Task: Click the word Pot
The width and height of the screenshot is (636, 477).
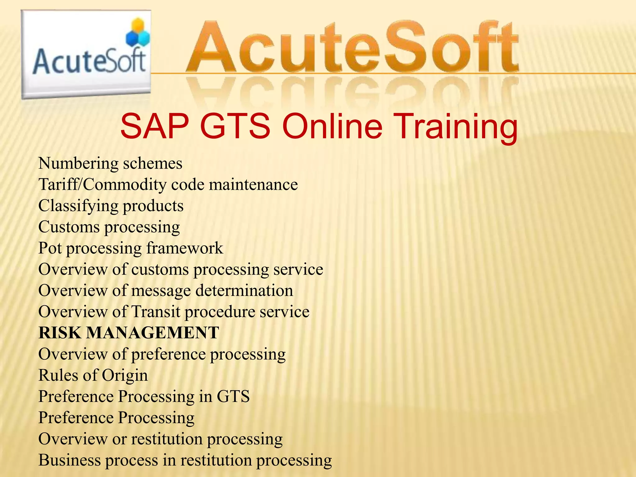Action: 50,248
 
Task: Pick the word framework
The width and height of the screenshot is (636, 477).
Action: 184,248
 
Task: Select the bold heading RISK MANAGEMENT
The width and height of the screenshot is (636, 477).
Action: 129,333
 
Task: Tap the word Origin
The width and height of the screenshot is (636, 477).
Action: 125,375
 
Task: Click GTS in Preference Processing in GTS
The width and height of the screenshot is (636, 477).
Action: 233,397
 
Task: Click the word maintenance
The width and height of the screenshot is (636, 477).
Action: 253,185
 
